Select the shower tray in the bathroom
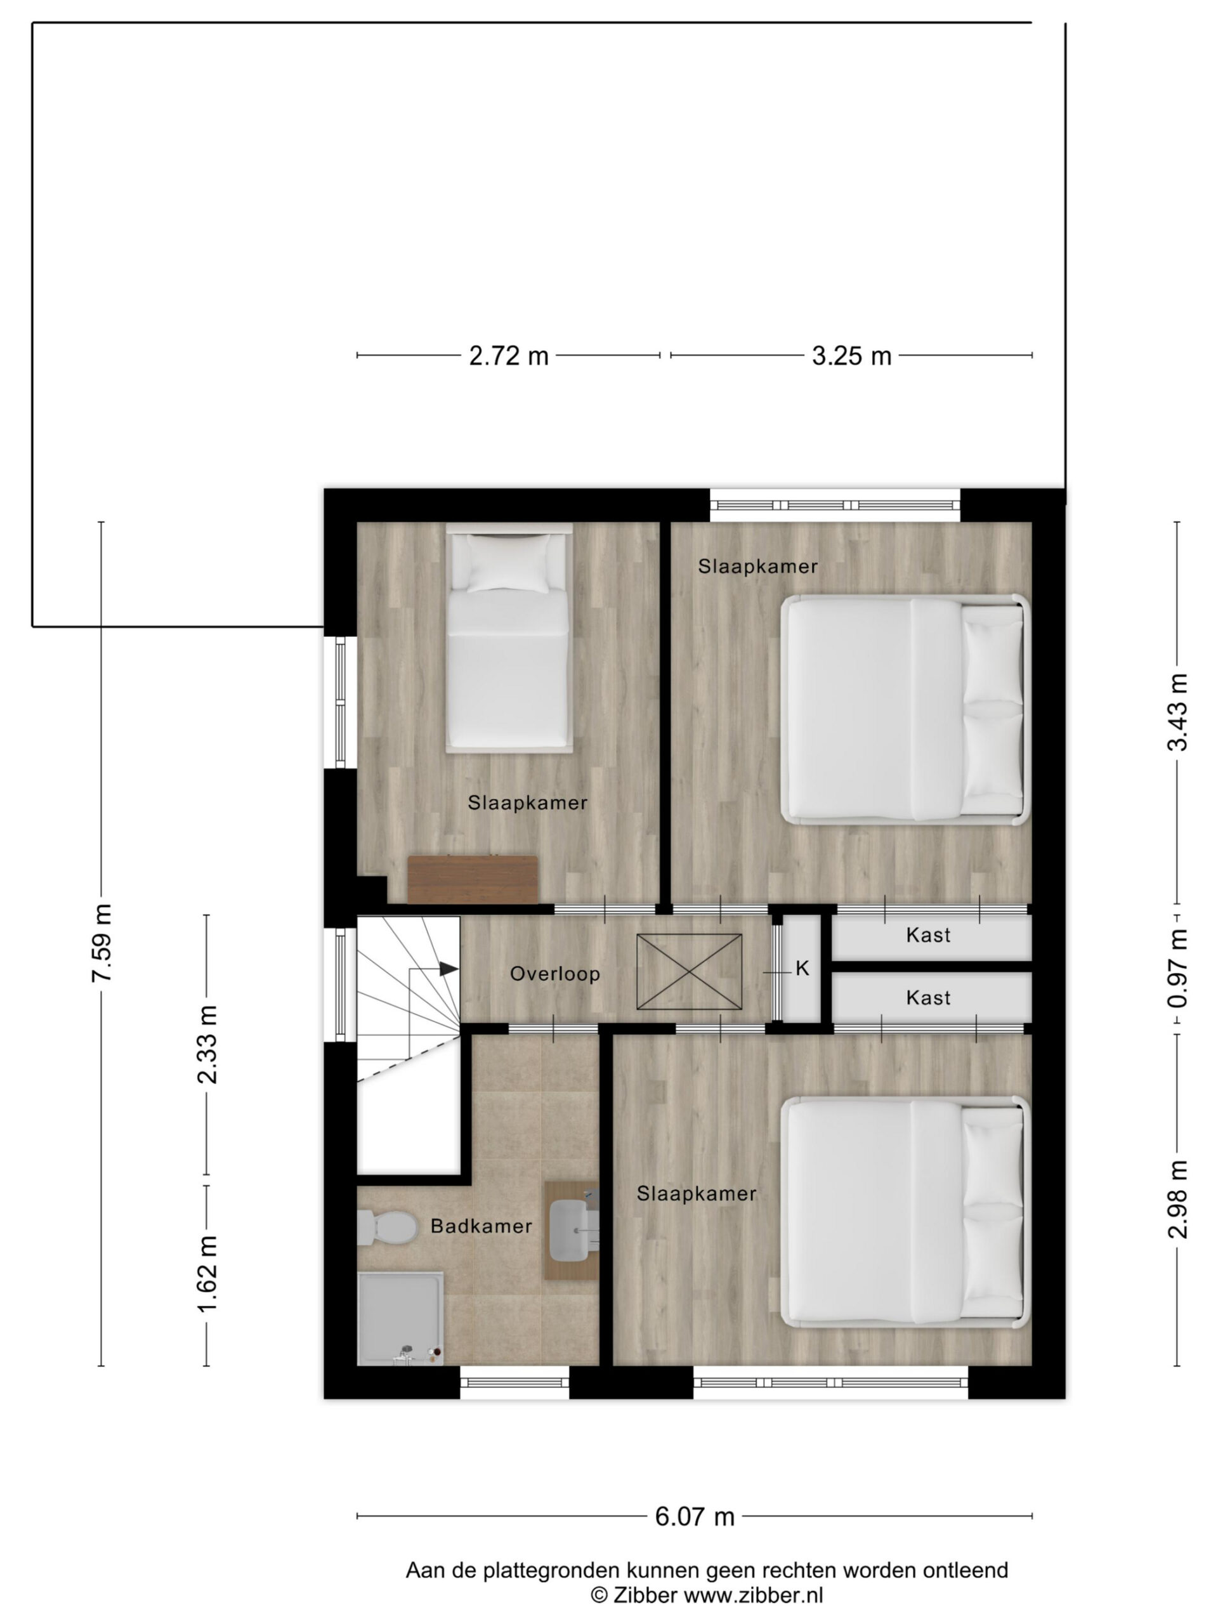tap(400, 1318)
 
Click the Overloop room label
tap(555, 974)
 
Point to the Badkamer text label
tap(481, 1226)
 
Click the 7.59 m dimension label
tap(101, 943)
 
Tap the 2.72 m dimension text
tap(509, 356)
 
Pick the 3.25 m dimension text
tap(851, 356)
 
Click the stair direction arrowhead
tap(449, 969)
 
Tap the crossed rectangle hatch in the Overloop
tap(689, 971)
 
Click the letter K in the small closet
tap(802, 969)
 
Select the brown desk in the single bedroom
tap(473, 879)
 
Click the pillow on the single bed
tap(509, 563)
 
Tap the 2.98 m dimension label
tap(1177, 1199)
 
